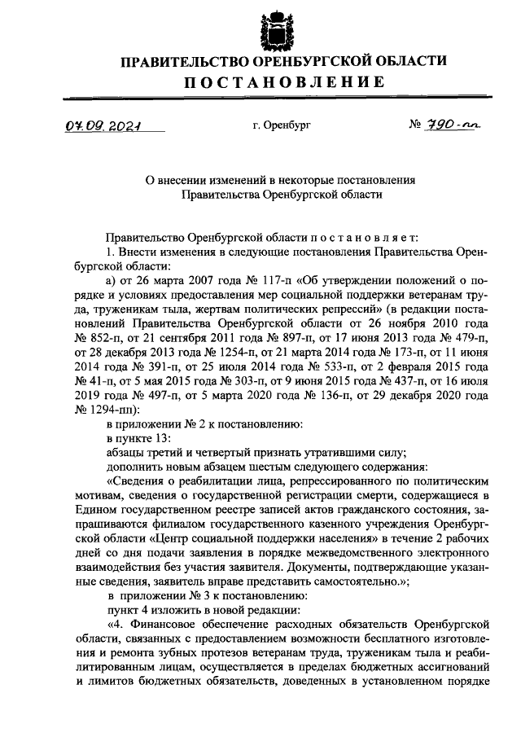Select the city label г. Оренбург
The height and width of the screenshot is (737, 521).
pyautogui.click(x=282, y=126)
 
